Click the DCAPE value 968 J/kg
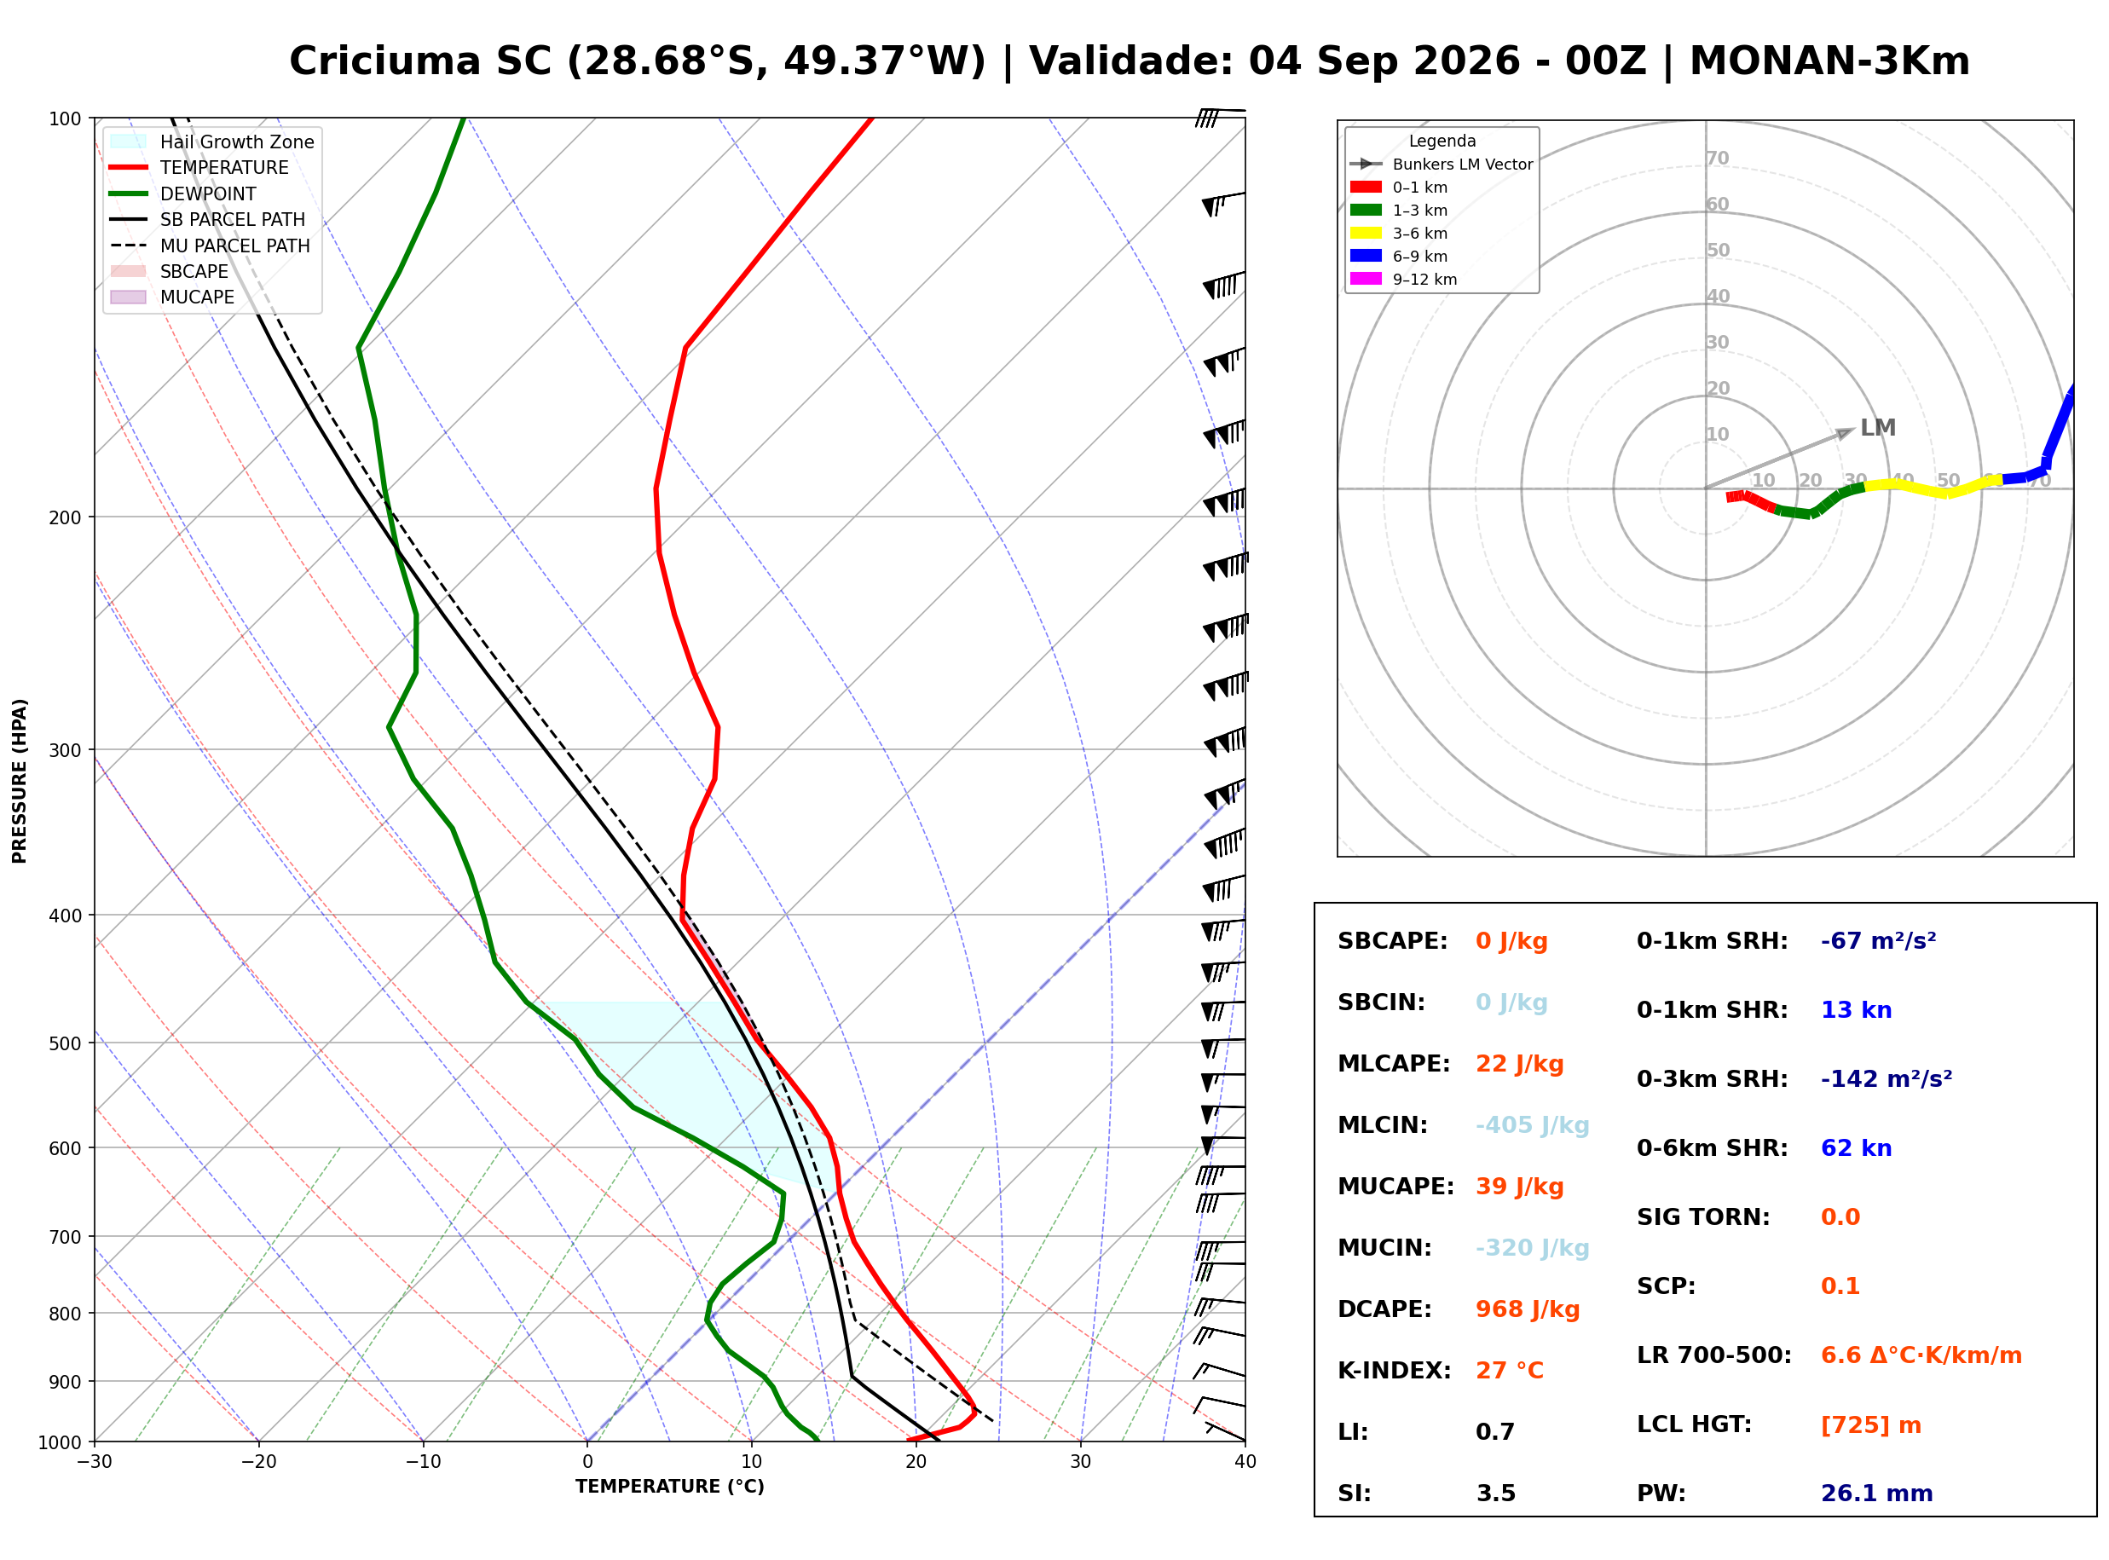coord(1528,1309)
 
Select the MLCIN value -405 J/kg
coord(1532,1125)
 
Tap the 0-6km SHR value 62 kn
coord(1856,1148)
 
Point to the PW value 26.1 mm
coord(1877,1494)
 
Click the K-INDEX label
coord(1395,1371)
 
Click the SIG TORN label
coord(1703,1217)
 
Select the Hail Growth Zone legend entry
coord(212,142)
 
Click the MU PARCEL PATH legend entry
coord(211,246)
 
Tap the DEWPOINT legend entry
coord(183,194)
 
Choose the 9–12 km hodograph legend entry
coord(1404,280)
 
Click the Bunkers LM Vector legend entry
coord(1442,165)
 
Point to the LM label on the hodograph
coord(1878,428)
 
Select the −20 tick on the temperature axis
coord(258,1462)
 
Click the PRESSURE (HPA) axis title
coord(20,781)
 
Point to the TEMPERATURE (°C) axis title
coord(670,1487)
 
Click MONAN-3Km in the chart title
coord(1829,61)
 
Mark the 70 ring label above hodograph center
coord(1717,159)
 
